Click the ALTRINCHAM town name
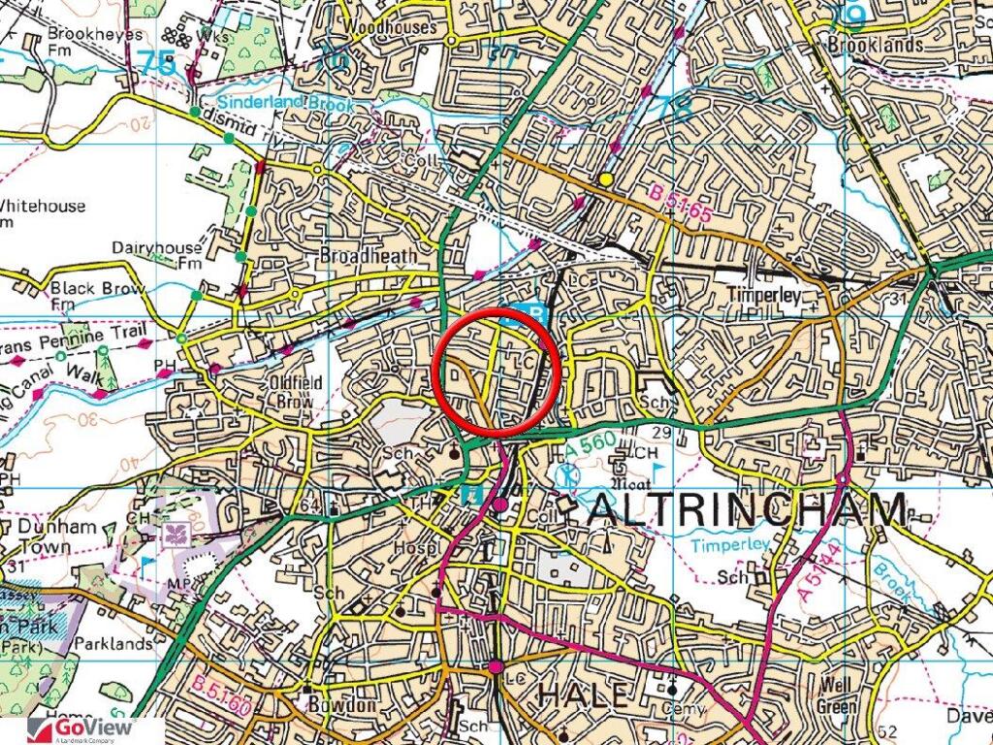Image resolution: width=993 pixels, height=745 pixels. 749,508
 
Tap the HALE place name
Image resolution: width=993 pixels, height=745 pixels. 582,695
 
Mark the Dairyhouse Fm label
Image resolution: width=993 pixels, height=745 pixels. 155,255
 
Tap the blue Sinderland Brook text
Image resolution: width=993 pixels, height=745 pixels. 271,102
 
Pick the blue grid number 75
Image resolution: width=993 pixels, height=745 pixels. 157,64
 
